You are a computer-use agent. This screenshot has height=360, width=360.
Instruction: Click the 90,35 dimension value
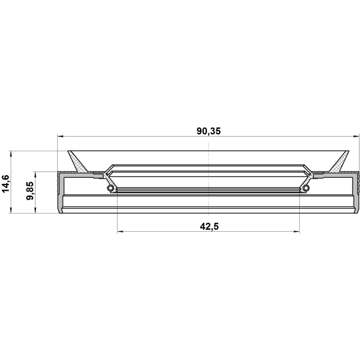(x=209, y=131)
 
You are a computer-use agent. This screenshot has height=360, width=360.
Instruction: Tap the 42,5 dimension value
(x=209, y=227)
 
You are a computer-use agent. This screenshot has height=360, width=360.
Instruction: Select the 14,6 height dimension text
(x=5, y=184)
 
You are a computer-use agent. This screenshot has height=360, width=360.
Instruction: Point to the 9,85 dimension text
(x=30, y=191)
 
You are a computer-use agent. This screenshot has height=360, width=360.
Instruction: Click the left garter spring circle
(x=111, y=188)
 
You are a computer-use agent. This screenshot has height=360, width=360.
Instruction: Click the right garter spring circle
(x=306, y=188)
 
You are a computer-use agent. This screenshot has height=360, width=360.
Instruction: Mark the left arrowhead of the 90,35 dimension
(x=60, y=136)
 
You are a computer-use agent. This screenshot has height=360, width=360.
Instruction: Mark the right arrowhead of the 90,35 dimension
(x=357, y=136)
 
